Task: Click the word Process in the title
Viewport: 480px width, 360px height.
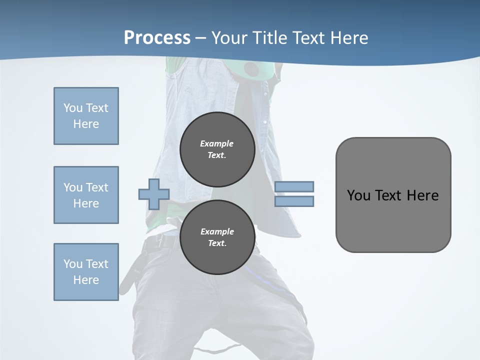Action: tap(157, 37)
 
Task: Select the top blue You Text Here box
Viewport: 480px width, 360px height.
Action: tap(86, 116)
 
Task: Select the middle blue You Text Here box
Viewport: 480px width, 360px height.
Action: tap(86, 195)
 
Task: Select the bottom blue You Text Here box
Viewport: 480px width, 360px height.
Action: tap(86, 272)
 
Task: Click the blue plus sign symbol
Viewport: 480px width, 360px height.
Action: tap(154, 194)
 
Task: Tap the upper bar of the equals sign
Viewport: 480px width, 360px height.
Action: tap(294, 186)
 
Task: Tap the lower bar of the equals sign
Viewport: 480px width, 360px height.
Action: tap(294, 201)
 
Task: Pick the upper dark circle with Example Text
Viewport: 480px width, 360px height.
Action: tap(217, 149)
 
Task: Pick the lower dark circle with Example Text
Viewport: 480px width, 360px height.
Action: tap(217, 237)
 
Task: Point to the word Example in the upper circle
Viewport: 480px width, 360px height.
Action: tap(217, 143)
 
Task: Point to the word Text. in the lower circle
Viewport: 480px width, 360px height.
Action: tap(217, 243)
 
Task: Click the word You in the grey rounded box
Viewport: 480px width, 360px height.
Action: tap(358, 195)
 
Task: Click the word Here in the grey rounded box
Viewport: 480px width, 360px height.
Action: tap(422, 195)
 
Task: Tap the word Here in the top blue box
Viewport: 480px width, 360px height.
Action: tap(86, 124)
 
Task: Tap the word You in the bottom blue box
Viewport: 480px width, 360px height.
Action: tap(72, 264)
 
